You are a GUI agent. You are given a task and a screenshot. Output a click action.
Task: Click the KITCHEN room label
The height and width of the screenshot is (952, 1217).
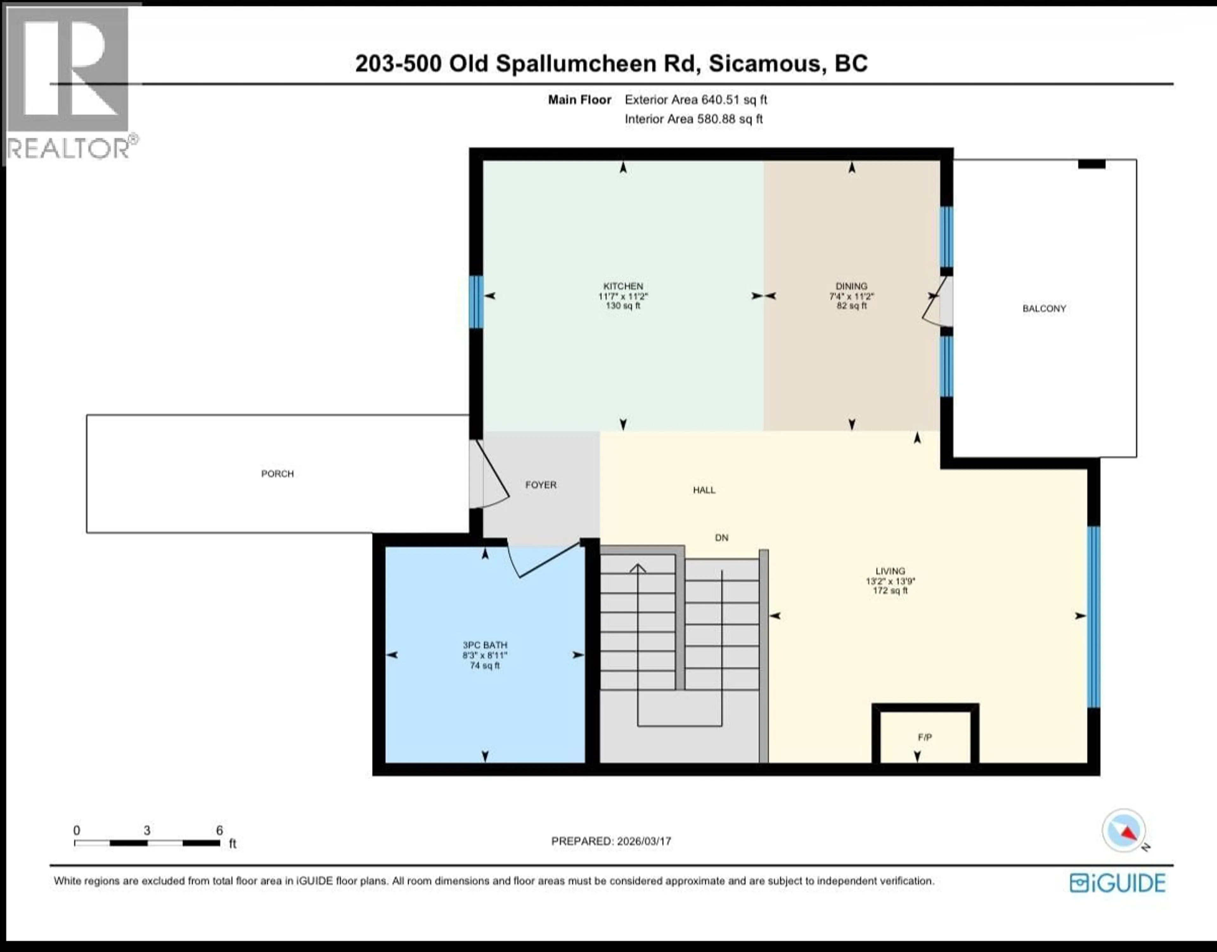pyautogui.click(x=623, y=286)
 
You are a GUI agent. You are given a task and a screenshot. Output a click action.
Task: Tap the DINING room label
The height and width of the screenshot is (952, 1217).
pyautogui.click(x=851, y=286)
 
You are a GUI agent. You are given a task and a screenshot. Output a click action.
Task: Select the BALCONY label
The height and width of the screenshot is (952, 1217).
pyautogui.click(x=1044, y=308)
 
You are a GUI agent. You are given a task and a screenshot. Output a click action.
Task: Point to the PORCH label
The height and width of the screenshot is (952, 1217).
pyautogui.click(x=277, y=474)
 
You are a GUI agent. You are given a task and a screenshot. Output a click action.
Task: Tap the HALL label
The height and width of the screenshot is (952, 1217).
pyautogui.click(x=704, y=490)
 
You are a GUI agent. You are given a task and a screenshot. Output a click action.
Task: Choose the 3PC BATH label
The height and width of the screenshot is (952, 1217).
pyautogui.click(x=485, y=645)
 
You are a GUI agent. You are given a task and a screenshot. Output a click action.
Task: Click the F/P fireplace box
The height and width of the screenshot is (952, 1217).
pyautogui.click(x=925, y=737)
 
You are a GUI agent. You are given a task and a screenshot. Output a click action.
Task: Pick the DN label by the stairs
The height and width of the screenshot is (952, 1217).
pyautogui.click(x=721, y=538)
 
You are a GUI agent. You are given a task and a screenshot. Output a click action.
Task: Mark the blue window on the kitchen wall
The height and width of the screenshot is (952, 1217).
pyautogui.click(x=475, y=302)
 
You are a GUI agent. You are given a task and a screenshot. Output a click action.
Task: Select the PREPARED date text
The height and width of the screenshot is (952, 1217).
pyautogui.click(x=611, y=841)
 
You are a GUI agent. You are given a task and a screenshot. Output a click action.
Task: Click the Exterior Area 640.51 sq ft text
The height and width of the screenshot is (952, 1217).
pyautogui.click(x=695, y=100)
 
